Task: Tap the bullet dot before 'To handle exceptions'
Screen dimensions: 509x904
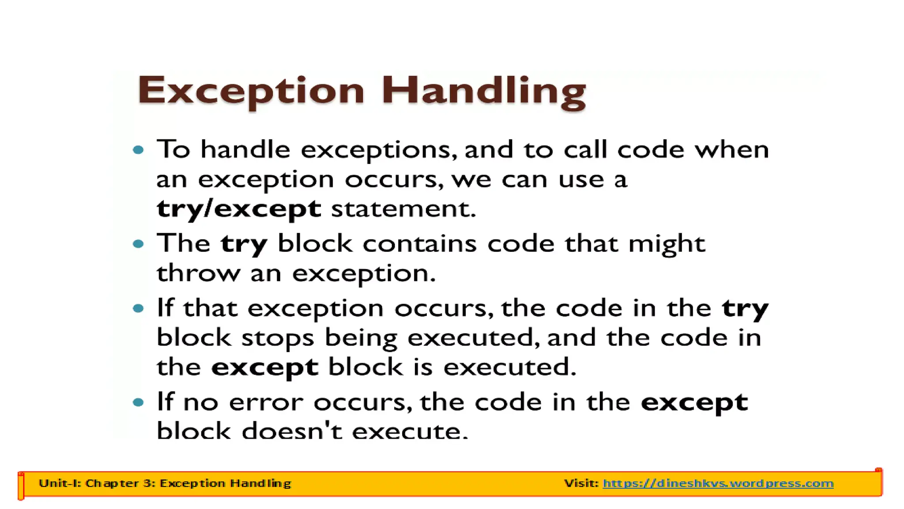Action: coord(139,150)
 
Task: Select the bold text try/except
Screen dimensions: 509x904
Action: coord(239,209)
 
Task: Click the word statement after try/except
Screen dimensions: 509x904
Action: coord(403,209)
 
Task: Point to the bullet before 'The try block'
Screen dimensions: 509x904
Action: coord(139,243)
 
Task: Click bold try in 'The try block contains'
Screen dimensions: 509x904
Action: coord(244,244)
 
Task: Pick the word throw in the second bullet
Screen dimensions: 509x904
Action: coord(198,273)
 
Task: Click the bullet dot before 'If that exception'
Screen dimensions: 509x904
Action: coord(139,308)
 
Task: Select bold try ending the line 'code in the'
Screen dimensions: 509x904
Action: coord(745,308)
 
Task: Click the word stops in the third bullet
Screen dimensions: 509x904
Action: coord(278,338)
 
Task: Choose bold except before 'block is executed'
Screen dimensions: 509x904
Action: coord(265,368)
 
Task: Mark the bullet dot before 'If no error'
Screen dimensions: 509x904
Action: coord(139,402)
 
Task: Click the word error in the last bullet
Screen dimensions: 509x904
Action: coord(266,403)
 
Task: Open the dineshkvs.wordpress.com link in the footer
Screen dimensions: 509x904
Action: coord(718,483)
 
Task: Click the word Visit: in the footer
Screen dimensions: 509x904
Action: coord(581,483)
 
